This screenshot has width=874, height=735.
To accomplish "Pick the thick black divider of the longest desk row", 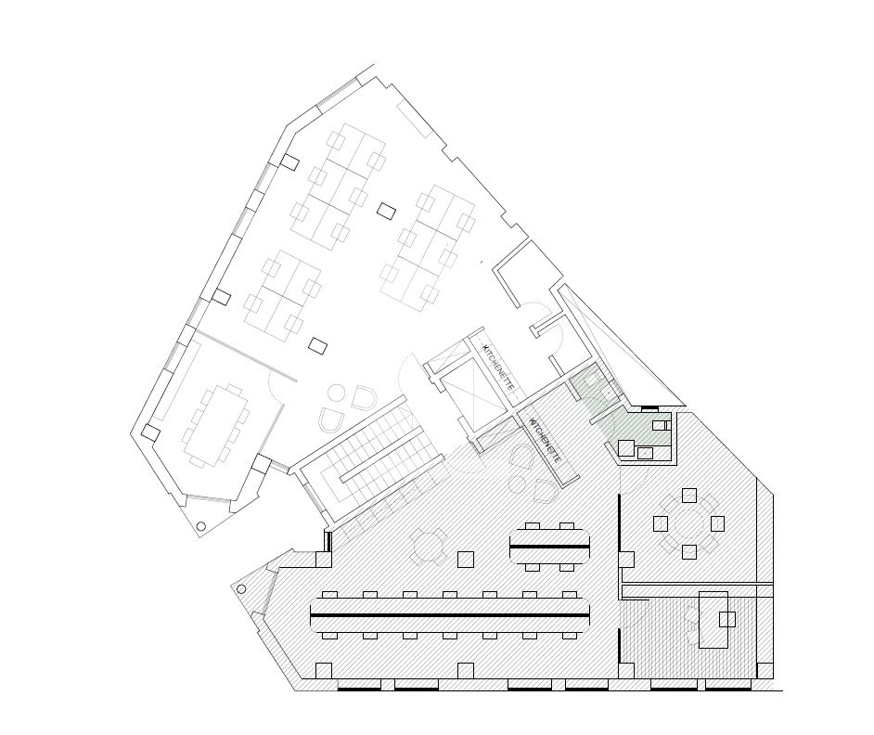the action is click(450, 615).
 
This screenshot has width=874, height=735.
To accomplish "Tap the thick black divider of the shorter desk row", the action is click(549, 546).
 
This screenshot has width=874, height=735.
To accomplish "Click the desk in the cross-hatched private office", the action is click(713, 620).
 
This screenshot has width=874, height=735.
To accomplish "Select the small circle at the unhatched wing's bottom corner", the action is click(201, 526).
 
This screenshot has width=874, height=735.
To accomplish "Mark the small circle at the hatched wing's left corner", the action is click(241, 589).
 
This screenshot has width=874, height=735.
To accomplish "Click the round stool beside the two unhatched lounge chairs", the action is click(337, 393).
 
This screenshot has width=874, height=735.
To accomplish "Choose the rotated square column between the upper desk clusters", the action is click(386, 211).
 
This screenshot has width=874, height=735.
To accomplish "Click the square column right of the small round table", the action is click(466, 560).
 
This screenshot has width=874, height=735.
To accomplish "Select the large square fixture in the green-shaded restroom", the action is click(626, 448).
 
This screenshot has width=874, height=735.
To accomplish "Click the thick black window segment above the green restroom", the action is click(649, 408).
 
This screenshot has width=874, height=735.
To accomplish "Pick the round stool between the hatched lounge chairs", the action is click(520, 483).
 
